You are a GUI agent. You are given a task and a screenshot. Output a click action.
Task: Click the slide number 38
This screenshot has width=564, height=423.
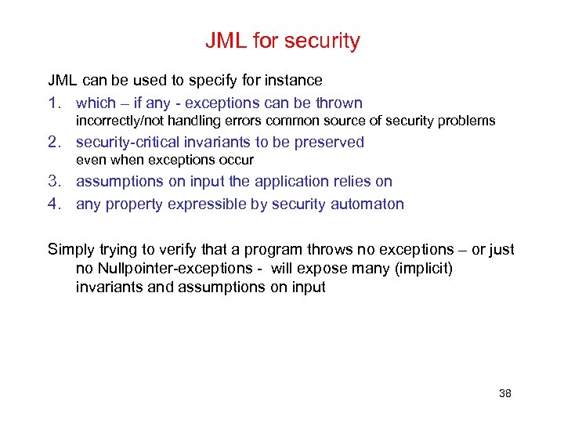[x=504, y=393]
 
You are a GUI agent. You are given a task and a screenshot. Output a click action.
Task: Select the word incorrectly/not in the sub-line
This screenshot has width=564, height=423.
[x=116, y=121]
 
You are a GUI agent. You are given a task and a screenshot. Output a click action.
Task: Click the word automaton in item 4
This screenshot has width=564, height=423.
[x=372, y=205]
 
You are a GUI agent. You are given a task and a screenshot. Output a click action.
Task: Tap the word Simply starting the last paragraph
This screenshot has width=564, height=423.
[x=70, y=250]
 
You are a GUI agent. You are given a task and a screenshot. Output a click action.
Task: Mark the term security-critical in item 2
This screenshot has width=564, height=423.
[x=132, y=143]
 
